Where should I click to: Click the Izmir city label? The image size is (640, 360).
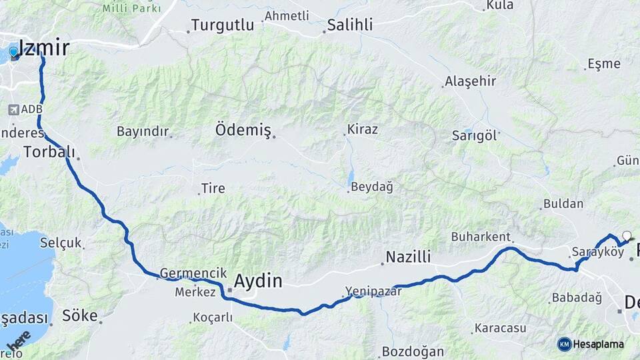click(44, 48)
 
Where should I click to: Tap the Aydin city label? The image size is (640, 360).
click(257, 281)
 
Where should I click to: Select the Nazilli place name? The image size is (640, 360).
click(409, 257)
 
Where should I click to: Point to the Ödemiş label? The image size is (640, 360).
click(243, 131)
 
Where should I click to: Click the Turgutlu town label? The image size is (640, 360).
click(223, 25)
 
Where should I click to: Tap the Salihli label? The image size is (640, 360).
click(350, 25)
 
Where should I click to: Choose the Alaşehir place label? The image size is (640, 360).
click(470, 81)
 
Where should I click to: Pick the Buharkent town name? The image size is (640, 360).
click(481, 237)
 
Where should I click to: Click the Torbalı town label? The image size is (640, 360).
click(49, 151)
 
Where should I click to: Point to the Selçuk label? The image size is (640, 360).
click(60, 242)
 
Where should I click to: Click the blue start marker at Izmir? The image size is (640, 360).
click(13, 52)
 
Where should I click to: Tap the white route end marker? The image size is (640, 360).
click(626, 235)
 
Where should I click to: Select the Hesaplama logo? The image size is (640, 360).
click(591, 344)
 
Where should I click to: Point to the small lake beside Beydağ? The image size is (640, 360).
click(350, 177)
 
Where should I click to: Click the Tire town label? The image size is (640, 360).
click(213, 189)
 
